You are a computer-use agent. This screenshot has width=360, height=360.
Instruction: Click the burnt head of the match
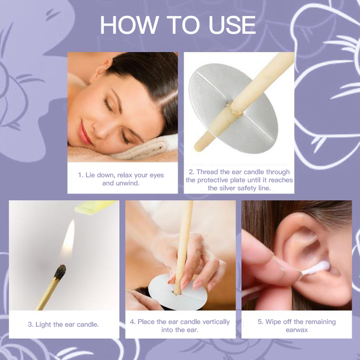click(x=60, y=272)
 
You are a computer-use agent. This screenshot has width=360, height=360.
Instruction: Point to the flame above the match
click(x=68, y=239)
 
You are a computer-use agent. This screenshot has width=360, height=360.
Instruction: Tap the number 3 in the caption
click(x=30, y=324)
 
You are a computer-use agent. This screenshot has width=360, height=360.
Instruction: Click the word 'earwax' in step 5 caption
click(x=297, y=330)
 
